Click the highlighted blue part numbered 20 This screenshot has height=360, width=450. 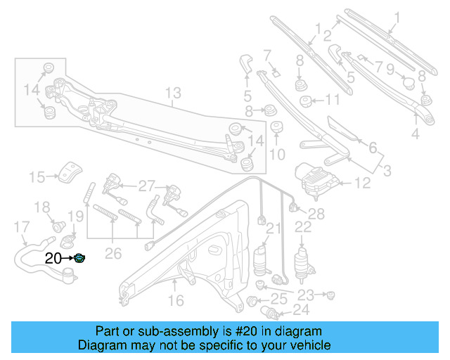pyautogui.click(x=80, y=259)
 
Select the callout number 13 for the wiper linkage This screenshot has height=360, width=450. pyautogui.click(x=173, y=93)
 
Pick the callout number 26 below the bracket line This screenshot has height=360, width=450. pyautogui.click(x=113, y=252)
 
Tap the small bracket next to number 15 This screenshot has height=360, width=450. pyautogui.click(x=70, y=170)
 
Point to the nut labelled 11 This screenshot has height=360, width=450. pyautogui.click(x=307, y=101)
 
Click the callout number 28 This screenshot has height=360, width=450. pyautogui.click(x=316, y=214)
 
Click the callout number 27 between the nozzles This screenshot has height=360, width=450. pyautogui.click(x=146, y=186)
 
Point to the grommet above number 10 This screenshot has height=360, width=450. pyautogui.click(x=276, y=127)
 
